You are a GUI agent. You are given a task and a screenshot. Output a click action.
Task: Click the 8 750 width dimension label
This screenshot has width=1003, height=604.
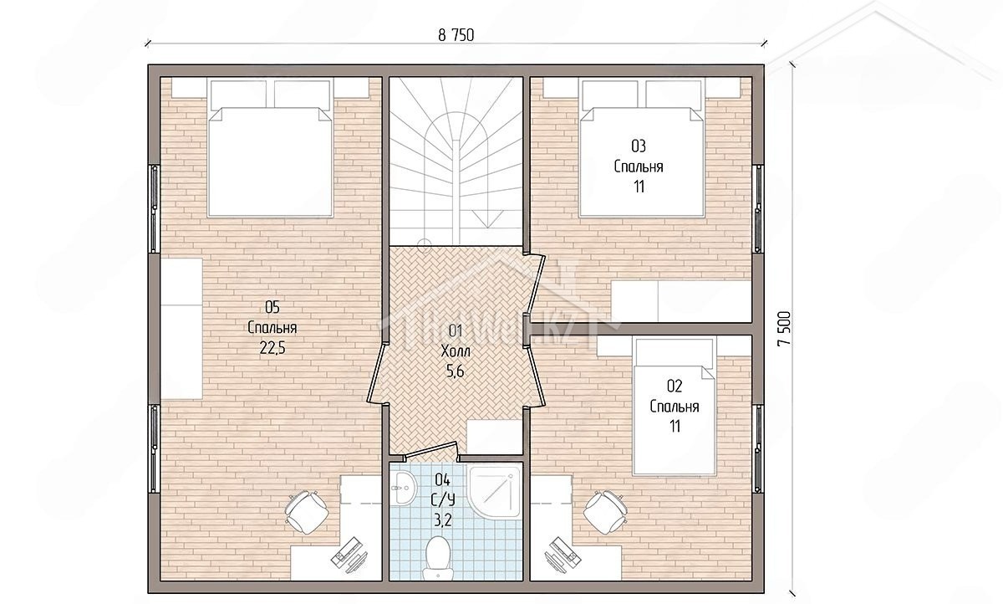tap(456, 35)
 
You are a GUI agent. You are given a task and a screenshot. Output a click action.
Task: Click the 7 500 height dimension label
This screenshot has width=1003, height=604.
tap(784, 329)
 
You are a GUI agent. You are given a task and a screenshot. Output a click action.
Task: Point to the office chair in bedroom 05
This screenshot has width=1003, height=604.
tap(307, 511)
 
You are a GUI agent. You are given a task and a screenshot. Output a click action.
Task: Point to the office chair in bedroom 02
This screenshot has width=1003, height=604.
tap(605, 512)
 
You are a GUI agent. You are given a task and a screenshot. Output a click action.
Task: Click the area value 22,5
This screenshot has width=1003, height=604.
tap(272, 348)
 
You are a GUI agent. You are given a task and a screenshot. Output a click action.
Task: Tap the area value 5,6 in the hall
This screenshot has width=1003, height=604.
tap(455, 371)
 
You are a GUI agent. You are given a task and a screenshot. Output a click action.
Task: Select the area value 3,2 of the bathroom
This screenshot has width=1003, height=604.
tap(442, 520)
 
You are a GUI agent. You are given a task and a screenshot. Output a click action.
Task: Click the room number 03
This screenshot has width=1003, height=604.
tap(639, 146)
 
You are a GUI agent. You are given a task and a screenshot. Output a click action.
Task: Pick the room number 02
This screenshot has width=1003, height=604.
tap(675, 386)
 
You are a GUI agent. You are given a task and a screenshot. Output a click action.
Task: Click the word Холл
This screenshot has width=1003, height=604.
tap(456, 351)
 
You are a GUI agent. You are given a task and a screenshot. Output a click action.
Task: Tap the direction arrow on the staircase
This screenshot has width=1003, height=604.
tap(487, 218)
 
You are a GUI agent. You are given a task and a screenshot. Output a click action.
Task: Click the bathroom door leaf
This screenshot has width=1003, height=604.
tap(430, 449)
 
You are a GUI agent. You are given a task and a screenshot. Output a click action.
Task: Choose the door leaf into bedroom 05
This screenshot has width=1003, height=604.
tap(377, 373)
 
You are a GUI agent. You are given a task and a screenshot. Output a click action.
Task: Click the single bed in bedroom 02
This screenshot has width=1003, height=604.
tap(674, 406)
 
